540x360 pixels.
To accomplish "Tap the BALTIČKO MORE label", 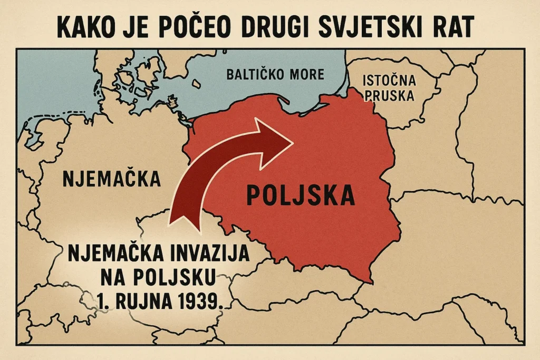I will (275, 74).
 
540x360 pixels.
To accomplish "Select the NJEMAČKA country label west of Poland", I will (112, 178).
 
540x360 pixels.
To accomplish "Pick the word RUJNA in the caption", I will (145, 301).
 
